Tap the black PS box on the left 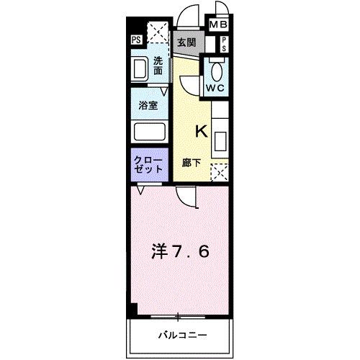pyautogui.click(x=136, y=40)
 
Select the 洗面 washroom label pyautogui.click(x=158, y=66)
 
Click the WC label pyautogui.click(x=215, y=88)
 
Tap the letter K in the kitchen pyautogui.click(x=201, y=131)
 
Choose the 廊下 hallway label pyautogui.click(x=191, y=163)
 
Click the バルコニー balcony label pyautogui.click(x=182, y=335)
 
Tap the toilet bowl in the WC pyautogui.click(x=215, y=70)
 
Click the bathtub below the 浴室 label pyautogui.click(x=149, y=132)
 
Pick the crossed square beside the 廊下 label pyautogui.click(x=219, y=171)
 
